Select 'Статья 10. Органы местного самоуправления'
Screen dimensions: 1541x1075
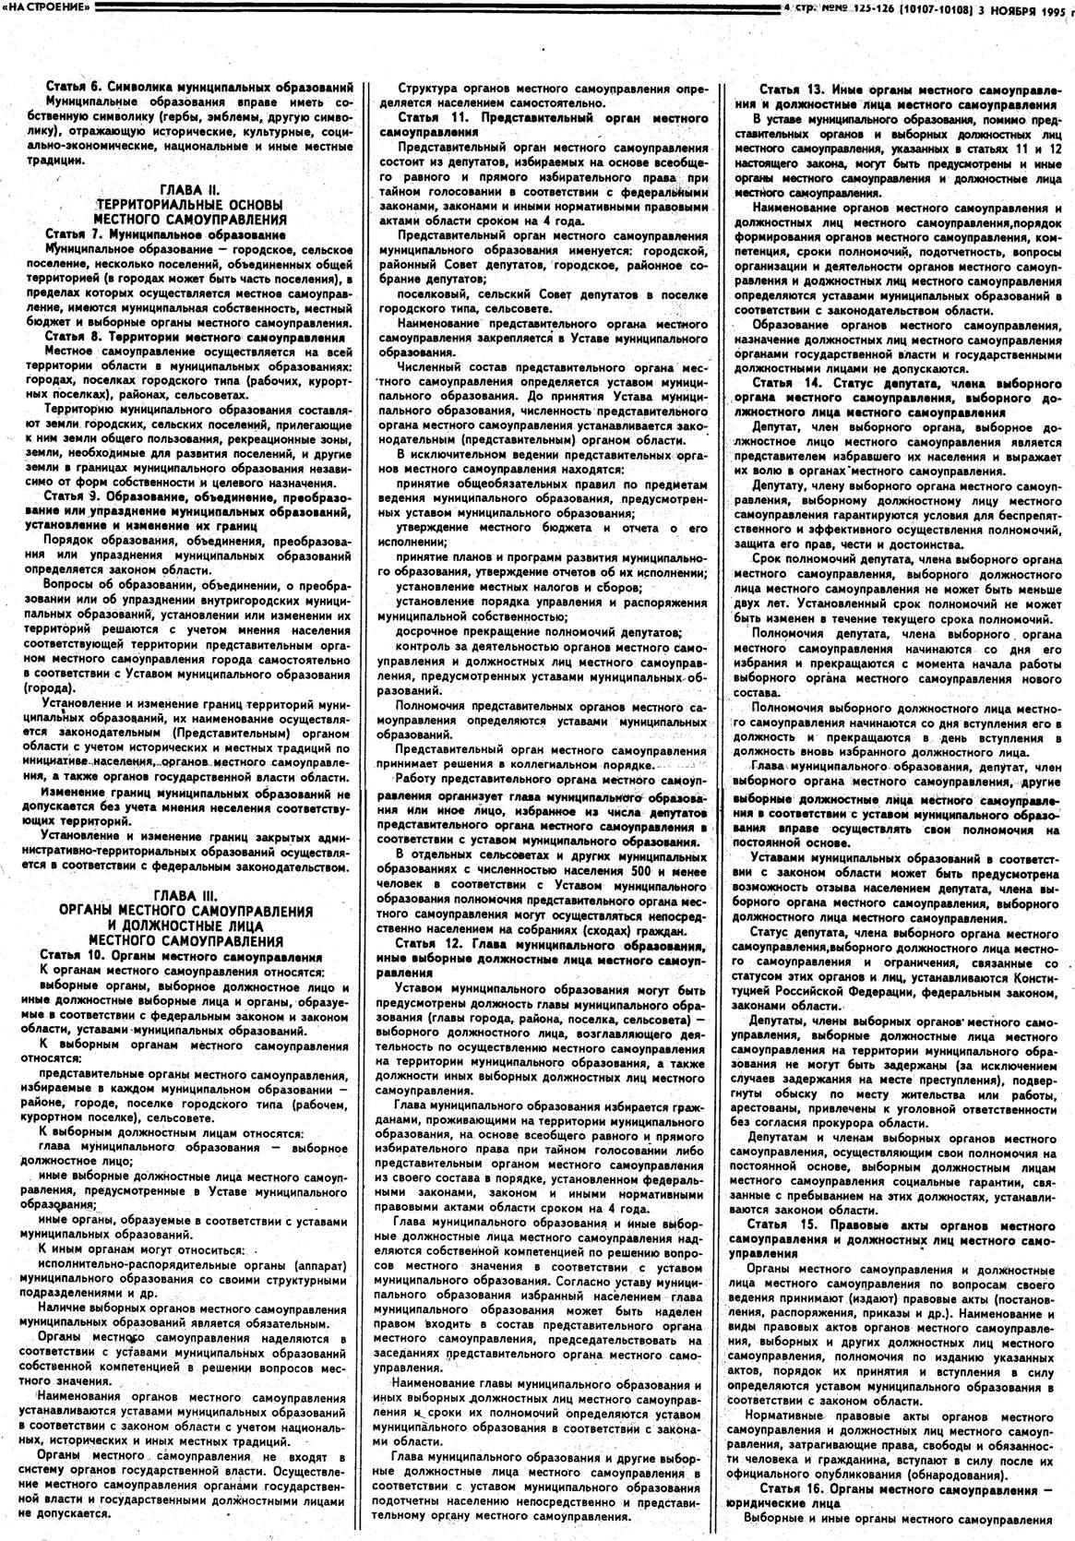(x=181, y=957)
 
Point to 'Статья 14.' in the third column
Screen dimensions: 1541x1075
(x=787, y=383)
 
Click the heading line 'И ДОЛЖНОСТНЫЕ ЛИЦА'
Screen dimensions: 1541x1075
(x=185, y=926)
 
